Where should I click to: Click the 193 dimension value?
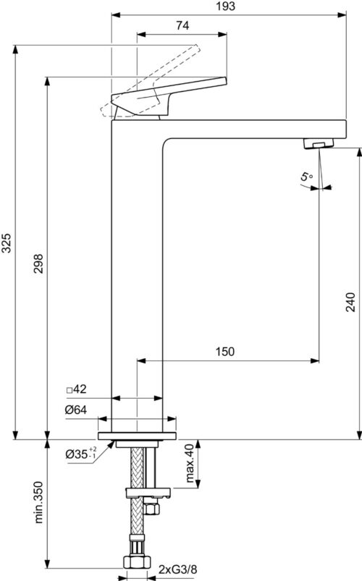[x=226, y=7]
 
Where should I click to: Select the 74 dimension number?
[x=182, y=25]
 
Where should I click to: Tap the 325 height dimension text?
[x=7, y=242]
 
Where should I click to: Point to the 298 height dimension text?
[x=38, y=263]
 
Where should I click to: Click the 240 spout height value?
[x=350, y=302]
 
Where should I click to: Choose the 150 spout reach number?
[x=225, y=351]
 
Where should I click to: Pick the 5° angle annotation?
[x=306, y=177]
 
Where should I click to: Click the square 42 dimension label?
[x=77, y=389]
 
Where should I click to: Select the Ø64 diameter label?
[x=76, y=410]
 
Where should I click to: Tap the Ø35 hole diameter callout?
[x=81, y=454]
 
